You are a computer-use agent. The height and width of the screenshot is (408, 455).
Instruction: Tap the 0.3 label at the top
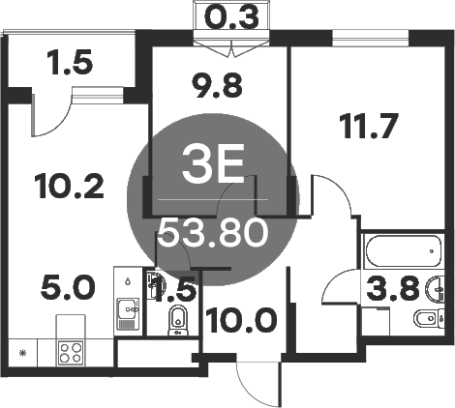click(x=230, y=16)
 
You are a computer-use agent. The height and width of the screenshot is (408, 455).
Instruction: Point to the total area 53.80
click(x=214, y=233)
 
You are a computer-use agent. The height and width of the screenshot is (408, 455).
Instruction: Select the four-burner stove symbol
click(x=71, y=349)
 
